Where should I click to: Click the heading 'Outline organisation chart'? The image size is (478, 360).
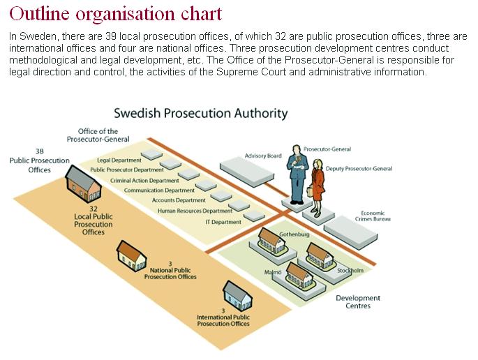coord(116,13)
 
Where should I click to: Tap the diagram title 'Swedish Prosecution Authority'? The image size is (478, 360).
coord(200,113)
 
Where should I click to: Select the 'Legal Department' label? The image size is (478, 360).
coord(114,160)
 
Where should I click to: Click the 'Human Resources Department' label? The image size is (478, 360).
coord(195,211)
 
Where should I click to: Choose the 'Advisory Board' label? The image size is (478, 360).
coord(263,156)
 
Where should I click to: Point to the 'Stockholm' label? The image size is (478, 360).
coord(350,270)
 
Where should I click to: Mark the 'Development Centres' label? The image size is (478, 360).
coord(358,301)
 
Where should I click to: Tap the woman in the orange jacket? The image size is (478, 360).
coord(318,183)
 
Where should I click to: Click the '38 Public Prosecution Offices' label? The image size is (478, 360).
coord(40,160)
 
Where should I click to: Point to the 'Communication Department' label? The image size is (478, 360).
coord(159,190)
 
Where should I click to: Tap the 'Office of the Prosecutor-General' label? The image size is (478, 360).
coord(98,135)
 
